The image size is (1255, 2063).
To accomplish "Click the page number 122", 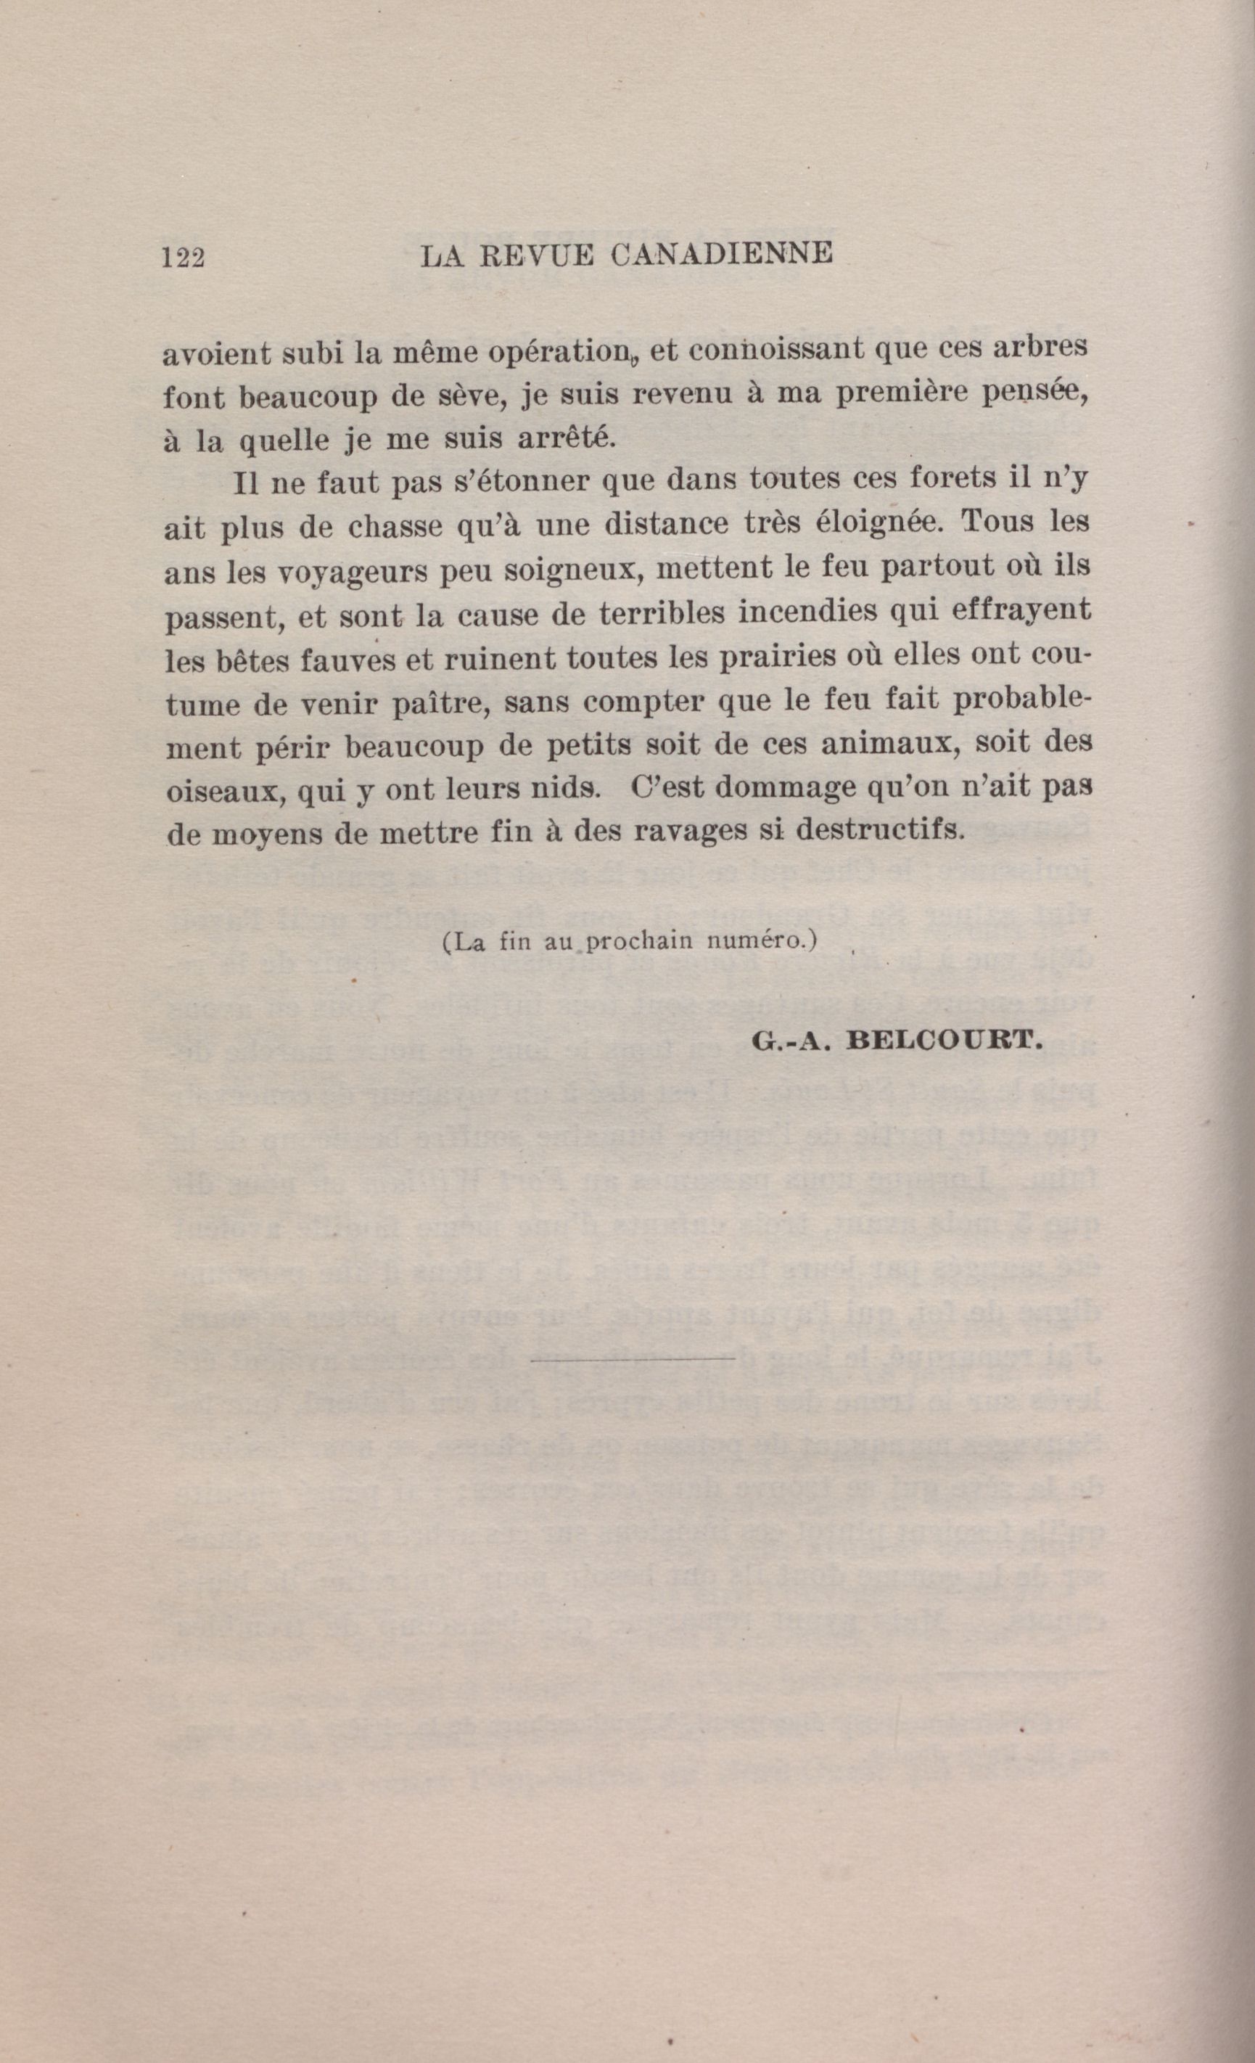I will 184,257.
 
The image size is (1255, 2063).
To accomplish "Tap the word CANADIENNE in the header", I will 722,255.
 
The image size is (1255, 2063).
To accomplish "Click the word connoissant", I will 771,350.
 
